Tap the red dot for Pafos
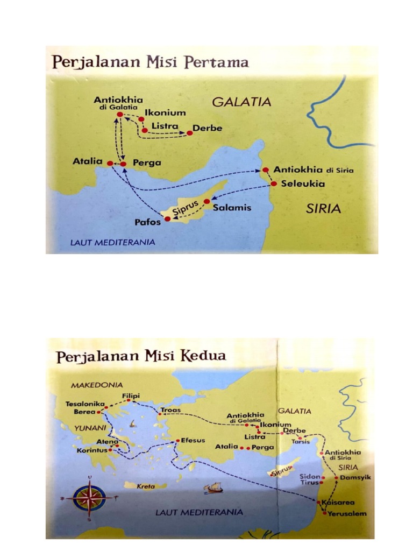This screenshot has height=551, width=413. (x=167, y=219)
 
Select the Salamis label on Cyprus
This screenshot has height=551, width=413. (x=232, y=208)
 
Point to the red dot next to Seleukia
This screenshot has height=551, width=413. (x=273, y=184)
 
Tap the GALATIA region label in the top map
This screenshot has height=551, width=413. (x=240, y=102)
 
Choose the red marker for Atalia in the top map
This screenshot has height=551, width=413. (x=110, y=163)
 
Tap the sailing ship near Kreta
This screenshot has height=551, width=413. (x=213, y=488)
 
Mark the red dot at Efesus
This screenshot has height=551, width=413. (x=178, y=441)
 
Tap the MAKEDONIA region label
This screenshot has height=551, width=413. (x=97, y=385)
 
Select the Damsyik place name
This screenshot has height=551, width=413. (x=353, y=477)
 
